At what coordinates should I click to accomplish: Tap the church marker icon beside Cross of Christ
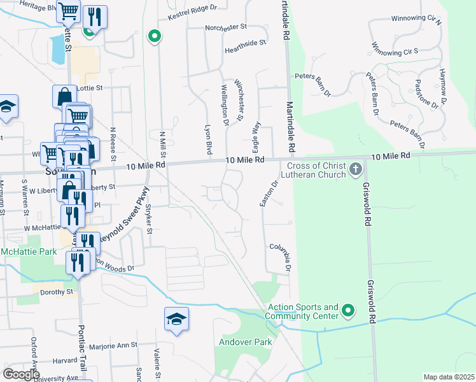point(355,169)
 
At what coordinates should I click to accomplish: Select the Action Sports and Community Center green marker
point(347,311)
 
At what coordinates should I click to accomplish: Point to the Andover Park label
point(245,342)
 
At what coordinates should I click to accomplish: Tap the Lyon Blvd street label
point(207,139)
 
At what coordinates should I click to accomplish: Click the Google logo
point(21,374)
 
